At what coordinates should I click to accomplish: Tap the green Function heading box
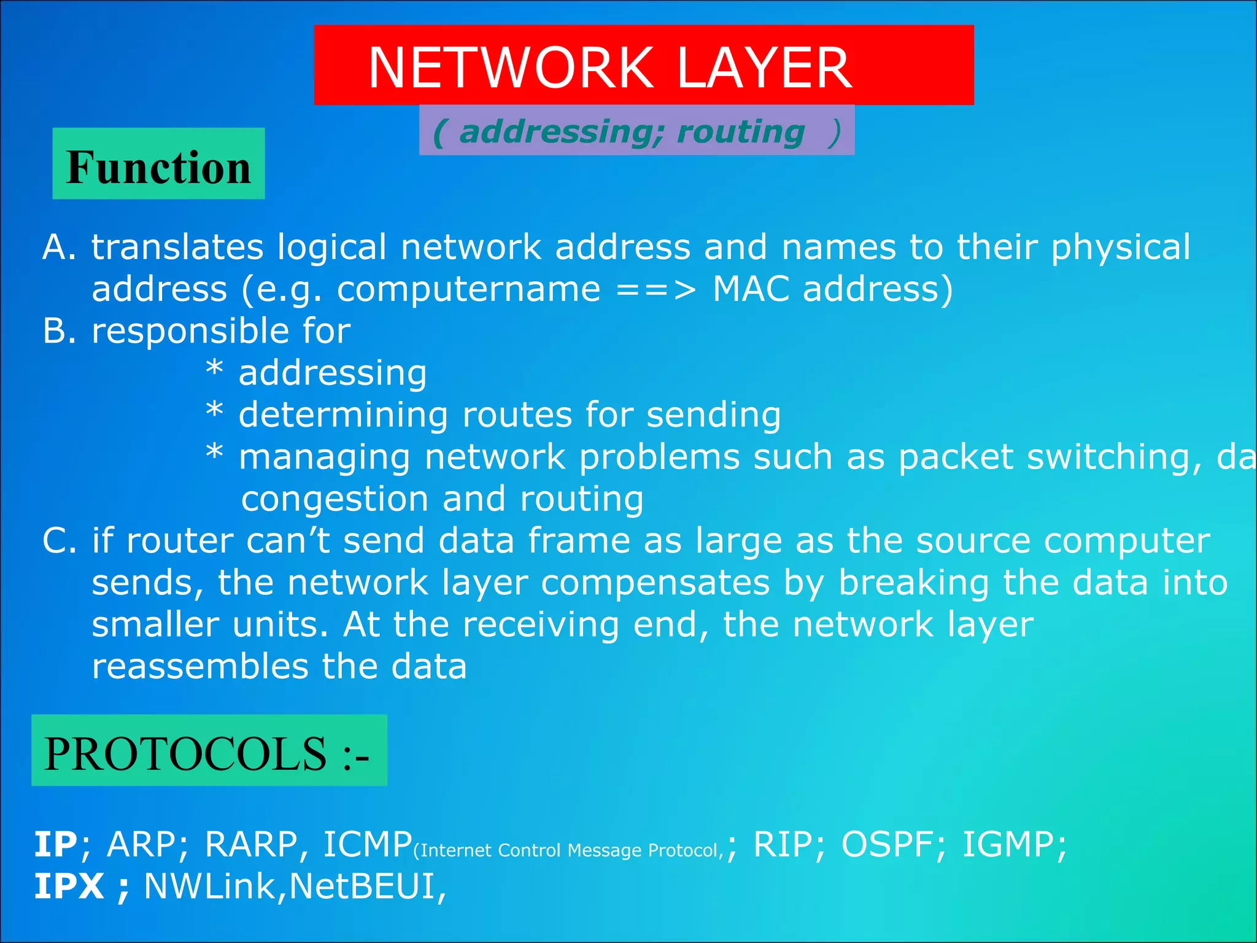(x=158, y=164)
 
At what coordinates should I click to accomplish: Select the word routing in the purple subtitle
(x=741, y=132)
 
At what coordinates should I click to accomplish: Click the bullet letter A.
(x=59, y=247)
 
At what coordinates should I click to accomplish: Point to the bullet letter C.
(x=59, y=541)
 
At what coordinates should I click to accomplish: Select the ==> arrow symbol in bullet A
(x=656, y=289)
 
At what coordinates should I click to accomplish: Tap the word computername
(x=468, y=289)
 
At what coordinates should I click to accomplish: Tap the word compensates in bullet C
(x=655, y=583)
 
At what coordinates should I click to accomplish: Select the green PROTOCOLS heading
(x=209, y=751)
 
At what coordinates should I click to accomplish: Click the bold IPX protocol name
(x=69, y=887)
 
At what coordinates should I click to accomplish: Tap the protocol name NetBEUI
(x=362, y=887)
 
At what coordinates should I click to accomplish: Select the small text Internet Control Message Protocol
(x=568, y=850)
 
